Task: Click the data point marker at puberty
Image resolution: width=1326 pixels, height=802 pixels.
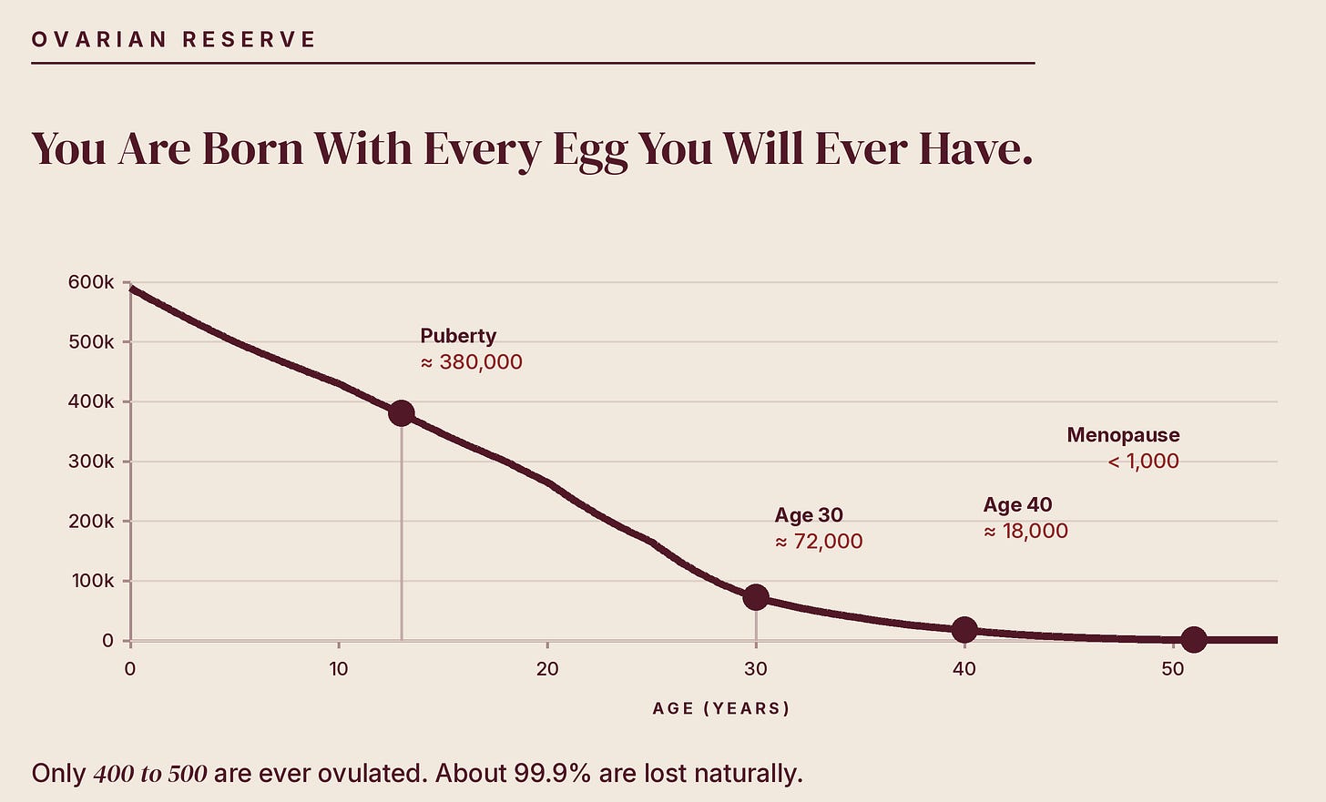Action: click(x=402, y=413)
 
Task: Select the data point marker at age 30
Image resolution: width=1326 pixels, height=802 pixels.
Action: click(x=756, y=597)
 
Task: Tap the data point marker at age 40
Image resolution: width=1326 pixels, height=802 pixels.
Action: click(x=964, y=630)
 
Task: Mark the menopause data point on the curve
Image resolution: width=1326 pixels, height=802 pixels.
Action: click(x=1194, y=639)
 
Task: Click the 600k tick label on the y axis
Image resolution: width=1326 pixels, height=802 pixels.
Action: click(x=90, y=282)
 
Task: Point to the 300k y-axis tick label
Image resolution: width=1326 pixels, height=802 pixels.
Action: click(x=90, y=462)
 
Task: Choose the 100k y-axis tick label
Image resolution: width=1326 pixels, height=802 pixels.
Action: click(x=92, y=581)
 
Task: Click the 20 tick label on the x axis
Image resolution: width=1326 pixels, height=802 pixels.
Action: click(x=547, y=669)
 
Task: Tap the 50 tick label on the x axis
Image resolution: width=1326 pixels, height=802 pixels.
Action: click(x=1173, y=669)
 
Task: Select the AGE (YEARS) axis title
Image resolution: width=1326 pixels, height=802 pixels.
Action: click(x=721, y=708)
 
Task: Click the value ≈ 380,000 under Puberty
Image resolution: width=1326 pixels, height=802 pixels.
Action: click(x=471, y=361)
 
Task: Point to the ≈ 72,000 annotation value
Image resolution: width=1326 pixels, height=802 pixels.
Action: click(x=819, y=541)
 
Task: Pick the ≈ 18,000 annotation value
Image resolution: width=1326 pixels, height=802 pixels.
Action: click(x=1025, y=531)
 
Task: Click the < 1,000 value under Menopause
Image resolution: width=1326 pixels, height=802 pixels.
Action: click(x=1143, y=461)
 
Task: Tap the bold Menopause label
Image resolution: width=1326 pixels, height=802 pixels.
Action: click(x=1123, y=435)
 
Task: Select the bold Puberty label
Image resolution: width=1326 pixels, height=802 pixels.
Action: click(x=458, y=336)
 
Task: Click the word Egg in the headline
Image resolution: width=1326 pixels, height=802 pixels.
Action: click(x=590, y=150)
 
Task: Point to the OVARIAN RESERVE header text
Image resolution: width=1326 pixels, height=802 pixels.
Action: click(x=173, y=40)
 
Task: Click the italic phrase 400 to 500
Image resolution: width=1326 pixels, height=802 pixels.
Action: click(x=150, y=774)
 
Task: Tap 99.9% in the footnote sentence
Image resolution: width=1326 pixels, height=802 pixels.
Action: click(x=552, y=773)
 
